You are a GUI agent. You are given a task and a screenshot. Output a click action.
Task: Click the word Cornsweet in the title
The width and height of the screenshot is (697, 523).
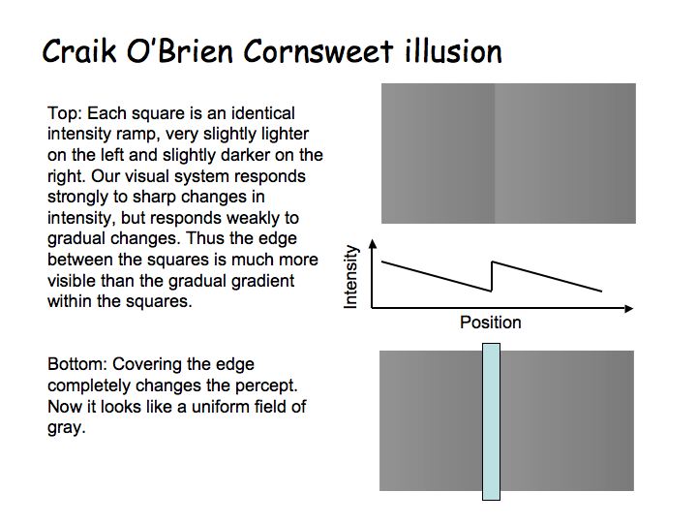[x=318, y=51]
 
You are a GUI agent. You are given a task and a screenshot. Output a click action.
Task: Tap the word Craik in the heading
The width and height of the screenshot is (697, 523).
[x=79, y=50]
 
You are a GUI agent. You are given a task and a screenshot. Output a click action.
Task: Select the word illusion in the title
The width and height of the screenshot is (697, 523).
[x=453, y=51]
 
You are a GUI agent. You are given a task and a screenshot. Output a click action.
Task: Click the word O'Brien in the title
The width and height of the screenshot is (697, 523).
[x=180, y=50]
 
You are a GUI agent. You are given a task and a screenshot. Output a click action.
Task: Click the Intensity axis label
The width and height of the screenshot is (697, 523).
[x=350, y=277]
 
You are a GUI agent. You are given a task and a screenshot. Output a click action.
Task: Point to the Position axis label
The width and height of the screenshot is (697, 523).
[x=490, y=323]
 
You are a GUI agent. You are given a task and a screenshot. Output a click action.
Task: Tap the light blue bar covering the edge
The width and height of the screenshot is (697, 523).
[x=491, y=421]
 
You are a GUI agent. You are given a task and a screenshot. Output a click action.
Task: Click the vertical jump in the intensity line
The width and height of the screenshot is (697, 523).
[x=492, y=277]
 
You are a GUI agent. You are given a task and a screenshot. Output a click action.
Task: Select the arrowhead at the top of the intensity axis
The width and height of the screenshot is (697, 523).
[x=373, y=243]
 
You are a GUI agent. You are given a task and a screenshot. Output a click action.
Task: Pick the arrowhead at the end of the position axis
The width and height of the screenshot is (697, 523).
[x=628, y=308]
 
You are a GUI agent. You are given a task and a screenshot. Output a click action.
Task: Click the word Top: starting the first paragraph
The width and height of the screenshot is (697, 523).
[x=66, y=113]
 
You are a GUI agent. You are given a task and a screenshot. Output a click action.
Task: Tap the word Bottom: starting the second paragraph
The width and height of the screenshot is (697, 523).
[x=77, y=364]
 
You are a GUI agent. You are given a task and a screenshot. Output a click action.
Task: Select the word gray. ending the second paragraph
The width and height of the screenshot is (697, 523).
[x=66, y=428]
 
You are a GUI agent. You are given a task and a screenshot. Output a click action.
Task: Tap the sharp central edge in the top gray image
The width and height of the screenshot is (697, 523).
[x=495, y=153]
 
